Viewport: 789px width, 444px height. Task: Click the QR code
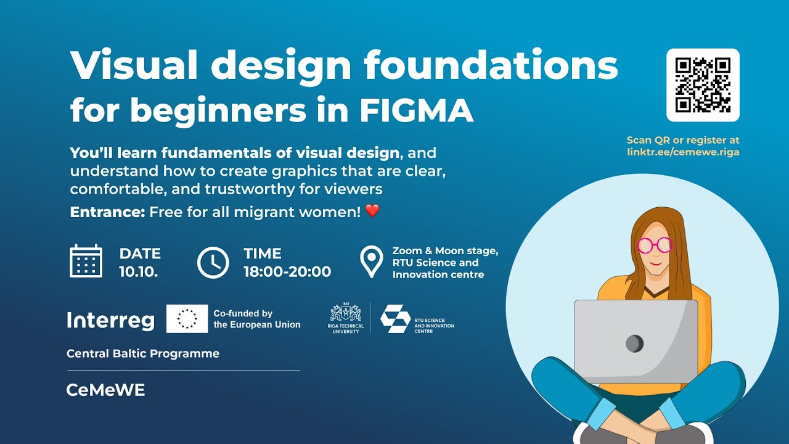tap(703, 85)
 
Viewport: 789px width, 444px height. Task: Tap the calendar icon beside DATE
tap(86, 261)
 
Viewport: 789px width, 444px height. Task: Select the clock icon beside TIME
tap(213, 262)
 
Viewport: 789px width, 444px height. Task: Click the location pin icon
tap(371, 262)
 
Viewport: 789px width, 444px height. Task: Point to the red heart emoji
tap(372, 211)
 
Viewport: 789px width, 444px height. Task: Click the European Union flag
tap(187, 319)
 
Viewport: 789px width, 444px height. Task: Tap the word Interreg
tap(110, 320)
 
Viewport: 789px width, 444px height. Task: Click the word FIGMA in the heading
tap(417, 110)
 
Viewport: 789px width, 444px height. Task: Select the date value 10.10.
tap(139, 272)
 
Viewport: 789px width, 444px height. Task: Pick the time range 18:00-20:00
tap(287, 272)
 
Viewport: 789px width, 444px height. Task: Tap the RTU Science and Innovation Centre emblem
tap(395, 318)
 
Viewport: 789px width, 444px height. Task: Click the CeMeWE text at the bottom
tap(105, 390)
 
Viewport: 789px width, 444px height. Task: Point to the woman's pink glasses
tap(653, 245)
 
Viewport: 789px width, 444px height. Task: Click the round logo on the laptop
tap(634, 343)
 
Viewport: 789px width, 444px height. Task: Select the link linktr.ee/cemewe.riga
tap(682, 152)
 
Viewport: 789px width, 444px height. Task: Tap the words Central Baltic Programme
tap(143, 354)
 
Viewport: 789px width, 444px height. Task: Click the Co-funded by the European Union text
tap(257, 319)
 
